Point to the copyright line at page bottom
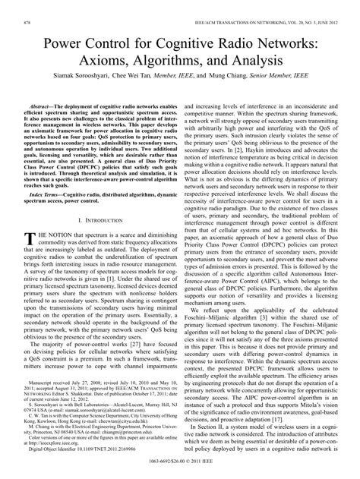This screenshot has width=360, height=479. click(179, 474)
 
